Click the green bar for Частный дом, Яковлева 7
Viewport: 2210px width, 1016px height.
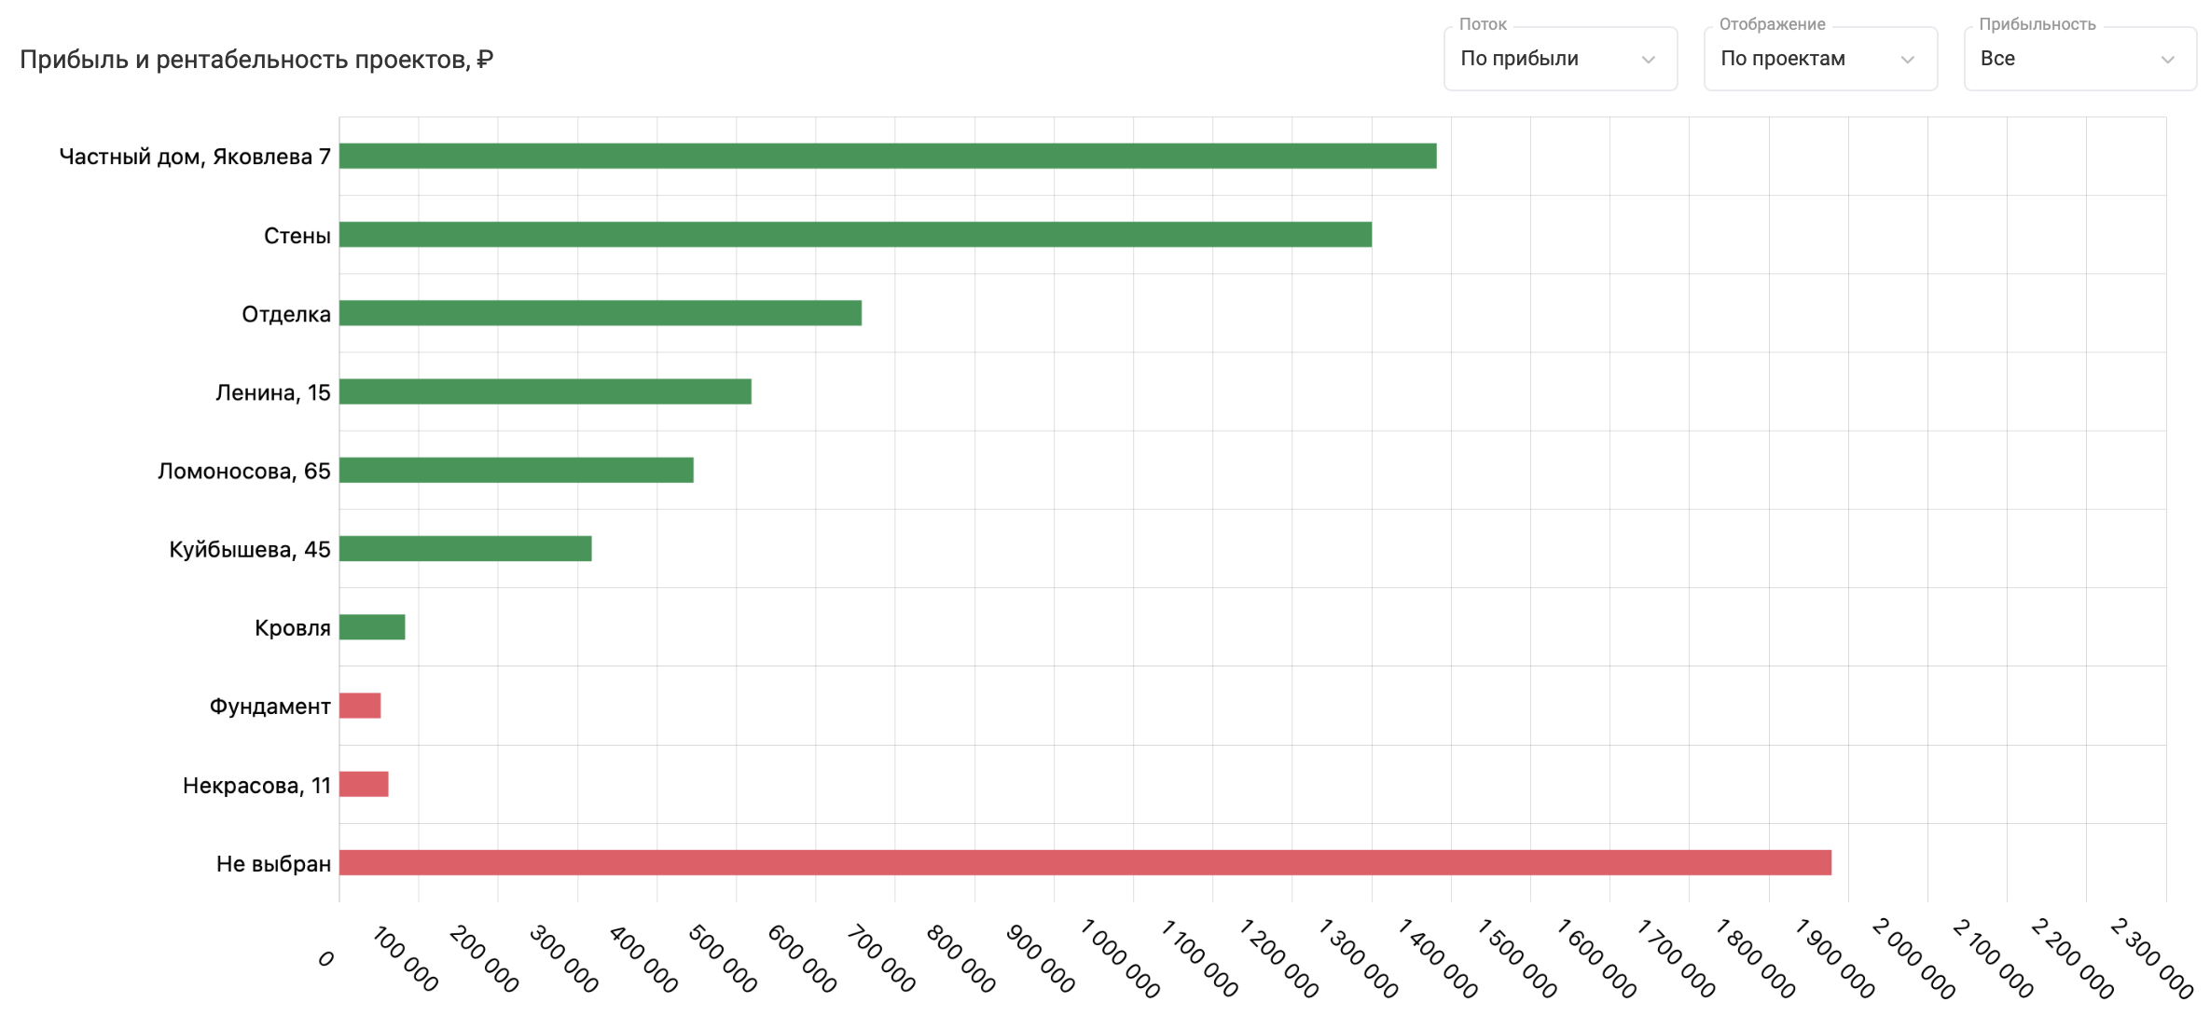(887, 156)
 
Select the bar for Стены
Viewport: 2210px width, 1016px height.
(855, 234)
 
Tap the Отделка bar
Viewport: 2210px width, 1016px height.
(600, 313)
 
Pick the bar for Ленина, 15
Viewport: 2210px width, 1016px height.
(545, 391)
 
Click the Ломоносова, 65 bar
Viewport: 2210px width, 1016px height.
(516, 470)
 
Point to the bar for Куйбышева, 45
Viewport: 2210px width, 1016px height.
(464, 549)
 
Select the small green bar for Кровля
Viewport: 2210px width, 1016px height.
(371, 627)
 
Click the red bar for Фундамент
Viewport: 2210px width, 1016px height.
(359, 706)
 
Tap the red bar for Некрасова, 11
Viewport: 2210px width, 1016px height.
(363, 785)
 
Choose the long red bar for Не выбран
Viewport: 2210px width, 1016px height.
(1084, 862)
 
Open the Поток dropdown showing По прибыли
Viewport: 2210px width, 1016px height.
(1559, 59)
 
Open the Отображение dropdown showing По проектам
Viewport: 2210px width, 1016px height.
(1819, 59)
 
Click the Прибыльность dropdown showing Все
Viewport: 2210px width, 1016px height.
(2079, 59)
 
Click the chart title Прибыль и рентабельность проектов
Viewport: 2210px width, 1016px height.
(256, 60)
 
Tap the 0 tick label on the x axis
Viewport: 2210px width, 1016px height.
(326, 958)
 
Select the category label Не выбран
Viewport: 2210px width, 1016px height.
(273, 864)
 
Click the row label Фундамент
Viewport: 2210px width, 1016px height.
(269, 707)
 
